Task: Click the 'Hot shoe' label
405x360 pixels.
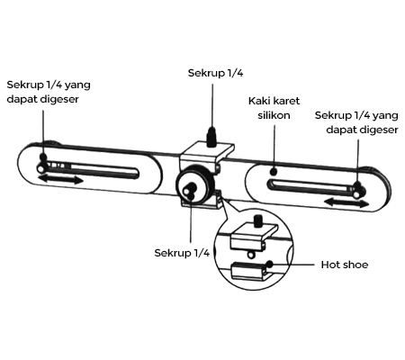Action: [345, 265]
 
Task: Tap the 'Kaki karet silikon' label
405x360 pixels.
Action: [274, 108]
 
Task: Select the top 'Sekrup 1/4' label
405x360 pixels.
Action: [215, 73]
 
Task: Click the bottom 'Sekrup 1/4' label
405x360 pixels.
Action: [182, 253]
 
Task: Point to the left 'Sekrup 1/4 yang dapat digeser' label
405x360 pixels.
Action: [49, 92]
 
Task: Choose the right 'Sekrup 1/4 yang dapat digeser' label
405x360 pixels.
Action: [356, 122]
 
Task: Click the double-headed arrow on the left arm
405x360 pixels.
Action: [61, 180]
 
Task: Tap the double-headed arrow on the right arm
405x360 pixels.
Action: [346, 202]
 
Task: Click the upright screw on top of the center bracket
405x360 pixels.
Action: [212, 137]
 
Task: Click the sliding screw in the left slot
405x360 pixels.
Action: [40, 168]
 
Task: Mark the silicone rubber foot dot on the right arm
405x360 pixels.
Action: [274, 172]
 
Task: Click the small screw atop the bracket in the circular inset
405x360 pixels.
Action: [258, 221]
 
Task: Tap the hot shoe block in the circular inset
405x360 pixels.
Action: [249, 271]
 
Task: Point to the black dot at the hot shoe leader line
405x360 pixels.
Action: [270, 265]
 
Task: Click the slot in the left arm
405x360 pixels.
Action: [93, 171]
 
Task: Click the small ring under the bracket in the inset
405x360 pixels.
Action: [251, 255]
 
